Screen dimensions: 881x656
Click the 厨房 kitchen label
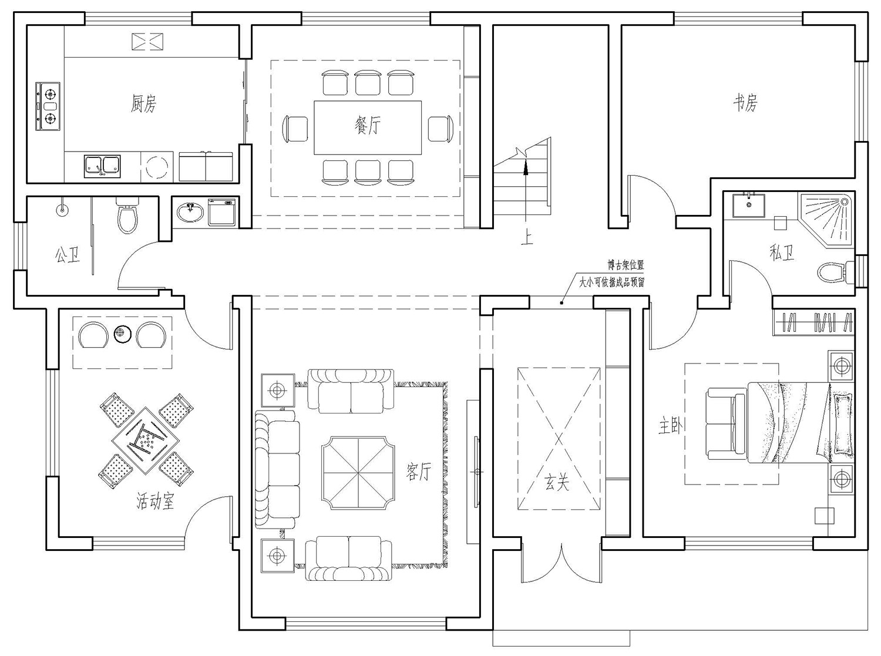(143, 104)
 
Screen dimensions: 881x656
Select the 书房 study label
(745, 103)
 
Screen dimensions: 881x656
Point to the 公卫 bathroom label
(68, 254)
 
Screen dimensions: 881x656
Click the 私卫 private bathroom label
(782, 253)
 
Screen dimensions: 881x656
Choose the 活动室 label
(155, 501)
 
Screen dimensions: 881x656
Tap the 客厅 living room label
(418, 472)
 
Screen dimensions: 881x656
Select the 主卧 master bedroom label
(671, 426)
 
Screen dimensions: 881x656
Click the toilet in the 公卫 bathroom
(128, 216)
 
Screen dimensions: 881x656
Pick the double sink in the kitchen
(102, 166)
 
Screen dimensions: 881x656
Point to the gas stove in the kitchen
(48, 106)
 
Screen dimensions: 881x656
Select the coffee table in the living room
(358, 472)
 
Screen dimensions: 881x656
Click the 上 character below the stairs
(527, 238)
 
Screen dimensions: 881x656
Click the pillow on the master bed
(842, 423)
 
